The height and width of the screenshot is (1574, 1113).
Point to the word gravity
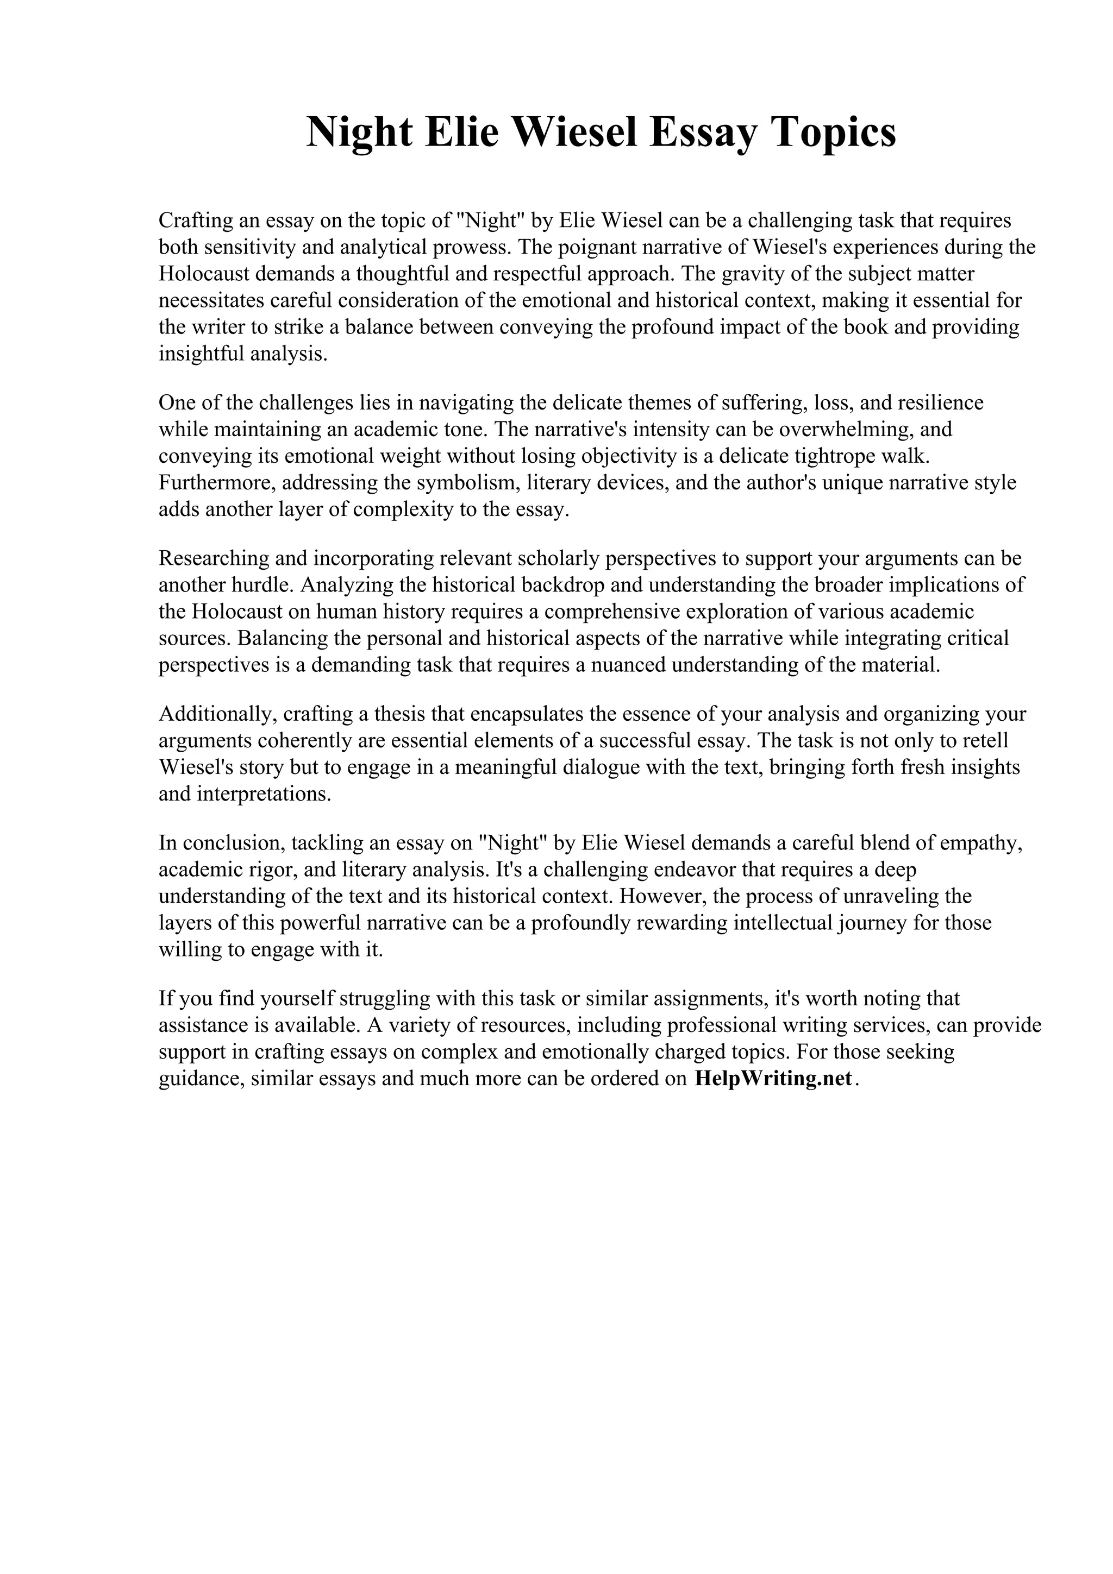757,274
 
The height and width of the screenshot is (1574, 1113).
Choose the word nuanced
627,665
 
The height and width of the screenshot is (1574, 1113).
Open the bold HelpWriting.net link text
773,1078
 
